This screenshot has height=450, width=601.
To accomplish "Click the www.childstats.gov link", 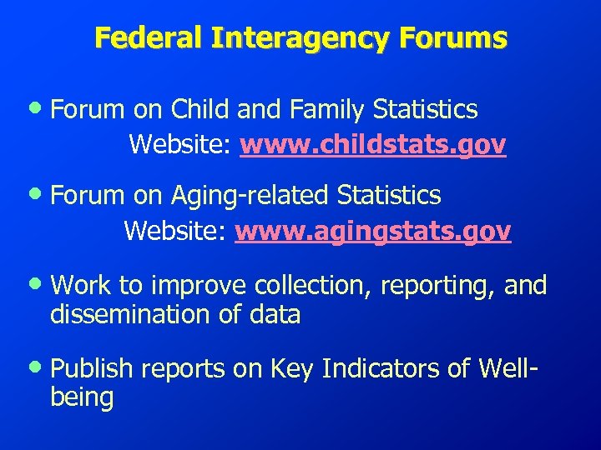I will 372,145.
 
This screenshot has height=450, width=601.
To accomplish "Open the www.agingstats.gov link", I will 372,231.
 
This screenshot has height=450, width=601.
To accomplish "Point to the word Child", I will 203,109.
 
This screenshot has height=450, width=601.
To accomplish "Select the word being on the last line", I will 82,398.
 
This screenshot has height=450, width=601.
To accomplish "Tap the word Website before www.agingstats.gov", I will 175,231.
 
